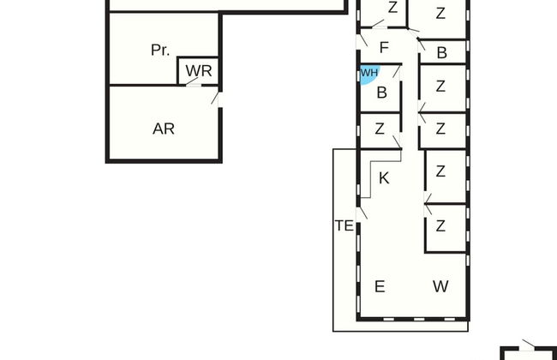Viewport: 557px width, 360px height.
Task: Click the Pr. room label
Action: click(160, 50)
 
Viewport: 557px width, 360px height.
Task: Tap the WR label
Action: click(199, 70)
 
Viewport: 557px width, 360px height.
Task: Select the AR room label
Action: click(164, 129)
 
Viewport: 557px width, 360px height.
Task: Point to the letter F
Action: click(384, 47)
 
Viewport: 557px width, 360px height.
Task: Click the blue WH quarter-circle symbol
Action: click(367, 74)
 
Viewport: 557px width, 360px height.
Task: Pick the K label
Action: click(384, 178)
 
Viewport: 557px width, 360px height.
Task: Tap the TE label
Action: click(344, 226)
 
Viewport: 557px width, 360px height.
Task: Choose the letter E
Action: click(380, 286)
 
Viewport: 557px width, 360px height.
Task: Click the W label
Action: click(440, 286)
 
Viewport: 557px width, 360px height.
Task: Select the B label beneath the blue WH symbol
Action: click(382, 93)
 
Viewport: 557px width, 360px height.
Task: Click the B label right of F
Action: click(442, 53)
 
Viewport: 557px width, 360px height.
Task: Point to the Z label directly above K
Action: click(380, 129)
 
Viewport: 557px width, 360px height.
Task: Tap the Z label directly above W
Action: click(440, 226)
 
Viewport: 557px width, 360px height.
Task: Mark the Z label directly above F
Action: click(392, 9)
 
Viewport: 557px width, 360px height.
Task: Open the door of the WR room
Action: click(195, 82)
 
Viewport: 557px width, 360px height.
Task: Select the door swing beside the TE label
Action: click(362, 207)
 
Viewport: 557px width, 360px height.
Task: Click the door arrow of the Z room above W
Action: click(428, 203)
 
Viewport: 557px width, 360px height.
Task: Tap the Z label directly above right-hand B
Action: click(440, 13)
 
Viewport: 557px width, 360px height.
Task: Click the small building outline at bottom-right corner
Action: click(528, 352)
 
